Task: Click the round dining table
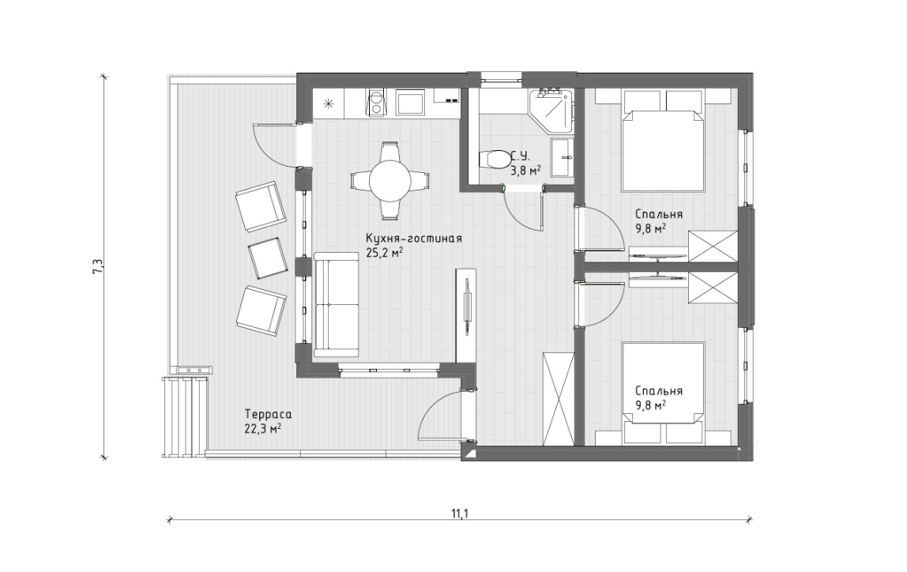point(390,180)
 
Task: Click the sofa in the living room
point(337,305)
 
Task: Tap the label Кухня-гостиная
point(413,239)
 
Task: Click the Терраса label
point(268,415)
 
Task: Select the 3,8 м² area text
point(525,170)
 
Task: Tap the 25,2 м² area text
point(384,252)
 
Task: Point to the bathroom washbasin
point(562,156)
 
